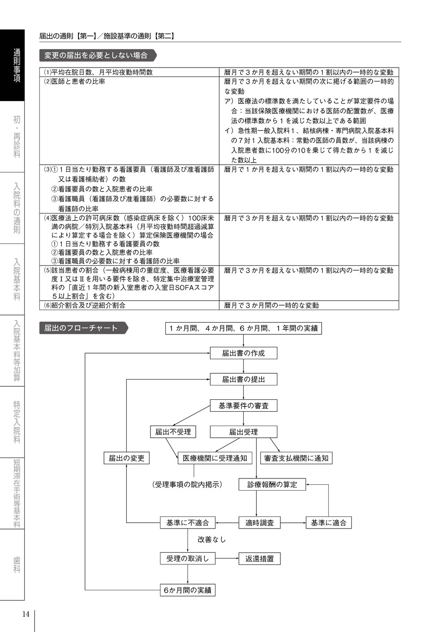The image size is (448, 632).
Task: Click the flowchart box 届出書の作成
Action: (x=244, y=353)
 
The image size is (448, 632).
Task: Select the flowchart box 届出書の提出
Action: (x=244, y=379)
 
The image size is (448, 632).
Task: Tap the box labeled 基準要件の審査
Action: (x=244, y=406)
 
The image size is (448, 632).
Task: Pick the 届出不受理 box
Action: (x=173, y=431)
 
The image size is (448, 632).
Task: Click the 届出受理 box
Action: (x=244, y=431)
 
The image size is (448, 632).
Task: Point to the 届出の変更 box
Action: (x=126, y=458)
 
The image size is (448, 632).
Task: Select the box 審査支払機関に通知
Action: (x=296, y=458)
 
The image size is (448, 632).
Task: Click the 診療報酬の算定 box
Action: (x=272, y=484)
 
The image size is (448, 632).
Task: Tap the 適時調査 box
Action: (x=259, y=522)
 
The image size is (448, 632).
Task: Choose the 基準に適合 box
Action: (x=328, y=522)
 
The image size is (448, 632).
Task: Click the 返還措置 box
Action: (x=259, y=558)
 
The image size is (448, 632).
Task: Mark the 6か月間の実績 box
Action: (x=188, y=590)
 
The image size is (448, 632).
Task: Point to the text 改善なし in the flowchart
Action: (x=211, y=539)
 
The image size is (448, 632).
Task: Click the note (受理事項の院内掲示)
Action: (x=187, y=484)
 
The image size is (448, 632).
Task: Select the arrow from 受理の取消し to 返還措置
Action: (x=227, y=558)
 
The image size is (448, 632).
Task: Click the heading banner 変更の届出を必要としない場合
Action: (x=98, y=56)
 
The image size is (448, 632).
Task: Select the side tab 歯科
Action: (x=17, y=564)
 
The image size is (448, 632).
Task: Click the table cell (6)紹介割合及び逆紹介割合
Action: (x=129, y=305)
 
